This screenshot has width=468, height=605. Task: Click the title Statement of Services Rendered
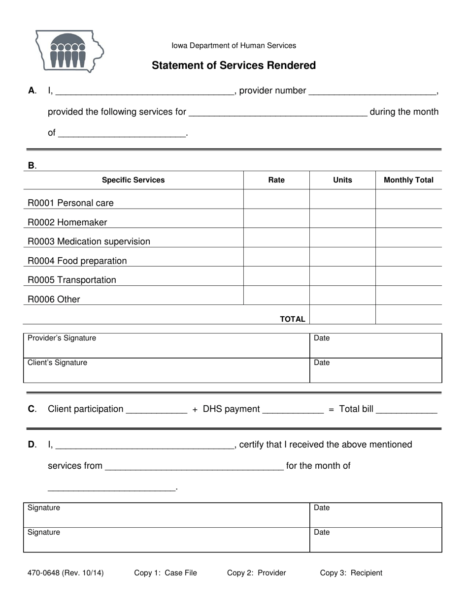pos(234,65)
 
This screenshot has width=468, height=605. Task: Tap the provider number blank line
pos(372,91)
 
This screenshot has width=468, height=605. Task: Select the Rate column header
pos(276,180)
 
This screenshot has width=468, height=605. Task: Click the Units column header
pos(342,180)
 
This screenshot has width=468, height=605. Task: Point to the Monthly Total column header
pos(408,180)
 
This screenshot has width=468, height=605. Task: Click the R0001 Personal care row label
pos(70,203)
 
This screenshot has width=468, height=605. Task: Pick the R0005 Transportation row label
pos(72,280)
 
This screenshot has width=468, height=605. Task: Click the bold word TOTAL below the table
pos(293,319)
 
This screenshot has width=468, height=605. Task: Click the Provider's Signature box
pos(167,346)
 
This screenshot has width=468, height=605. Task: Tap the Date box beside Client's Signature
pos(375,370)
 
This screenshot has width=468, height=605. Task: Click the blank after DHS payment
pos(293,409)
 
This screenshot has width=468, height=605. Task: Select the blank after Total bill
pos(406,409)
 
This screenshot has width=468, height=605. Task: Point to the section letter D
pos(32,445)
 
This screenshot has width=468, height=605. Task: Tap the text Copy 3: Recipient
pos(351,573)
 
